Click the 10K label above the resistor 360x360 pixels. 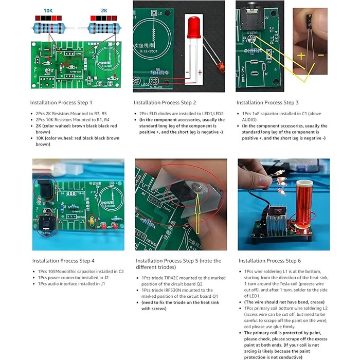[x=48, y=10]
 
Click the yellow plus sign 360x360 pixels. [x=301, y=55]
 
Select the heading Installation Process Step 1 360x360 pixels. [x=61, y=103]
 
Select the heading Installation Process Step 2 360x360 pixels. [x=165, y=103]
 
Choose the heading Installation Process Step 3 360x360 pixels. [x=267, y=103]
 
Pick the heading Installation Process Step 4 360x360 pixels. [x=63, y=261]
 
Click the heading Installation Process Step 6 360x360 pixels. [x=269, y=261]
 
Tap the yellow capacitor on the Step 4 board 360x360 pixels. [x=93, y=222]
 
